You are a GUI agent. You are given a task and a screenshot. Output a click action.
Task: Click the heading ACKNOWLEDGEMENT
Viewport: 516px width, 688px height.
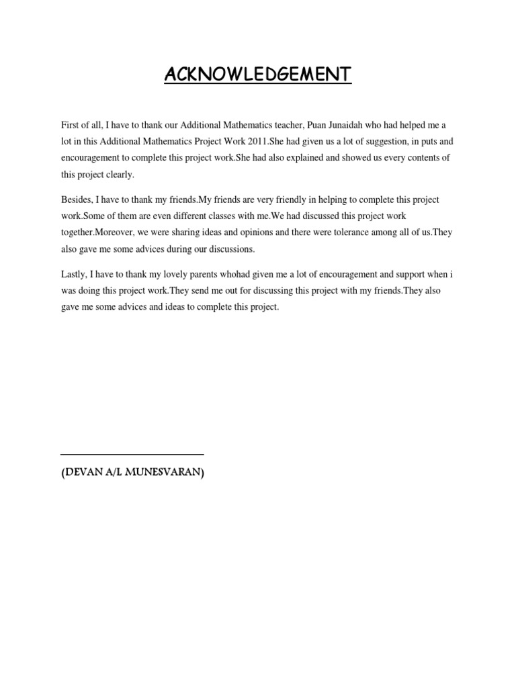point(258,74)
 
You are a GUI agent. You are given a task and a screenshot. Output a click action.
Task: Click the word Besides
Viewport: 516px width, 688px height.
point(77,200)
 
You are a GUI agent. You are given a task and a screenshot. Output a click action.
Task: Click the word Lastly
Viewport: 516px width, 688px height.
point(75,275)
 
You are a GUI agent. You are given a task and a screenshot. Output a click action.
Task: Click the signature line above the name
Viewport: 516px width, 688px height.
point(132,455)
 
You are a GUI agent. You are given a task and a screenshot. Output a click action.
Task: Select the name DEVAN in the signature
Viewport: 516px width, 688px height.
point(84,473)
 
